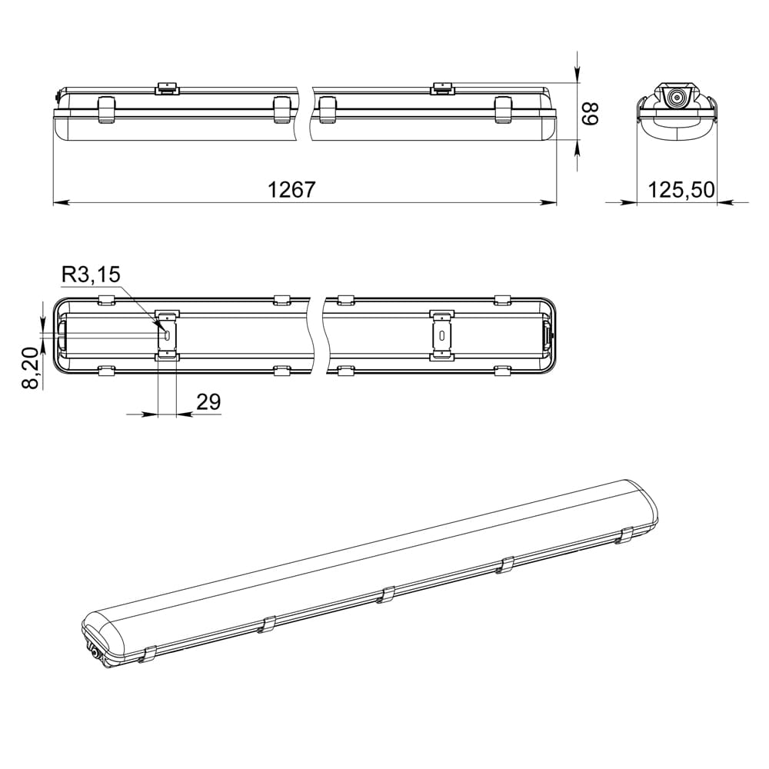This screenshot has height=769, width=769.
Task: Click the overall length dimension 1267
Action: [291, 189]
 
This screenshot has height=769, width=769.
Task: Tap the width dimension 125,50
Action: [681, 189]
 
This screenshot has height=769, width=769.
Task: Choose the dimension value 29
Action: [208, 401]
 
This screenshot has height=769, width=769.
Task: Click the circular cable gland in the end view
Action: [677, 98]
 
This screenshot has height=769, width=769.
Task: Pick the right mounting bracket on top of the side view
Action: [441, 88]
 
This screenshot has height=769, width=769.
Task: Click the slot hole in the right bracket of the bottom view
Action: [441, 335]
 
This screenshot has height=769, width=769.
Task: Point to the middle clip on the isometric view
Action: [388, 594]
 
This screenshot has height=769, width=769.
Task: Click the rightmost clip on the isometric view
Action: [627, 535]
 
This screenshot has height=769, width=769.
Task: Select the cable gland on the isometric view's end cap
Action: [95, 653]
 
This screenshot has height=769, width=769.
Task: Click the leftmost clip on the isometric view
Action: [148, 654]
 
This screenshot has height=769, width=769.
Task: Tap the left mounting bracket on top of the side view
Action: [166, 88]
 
